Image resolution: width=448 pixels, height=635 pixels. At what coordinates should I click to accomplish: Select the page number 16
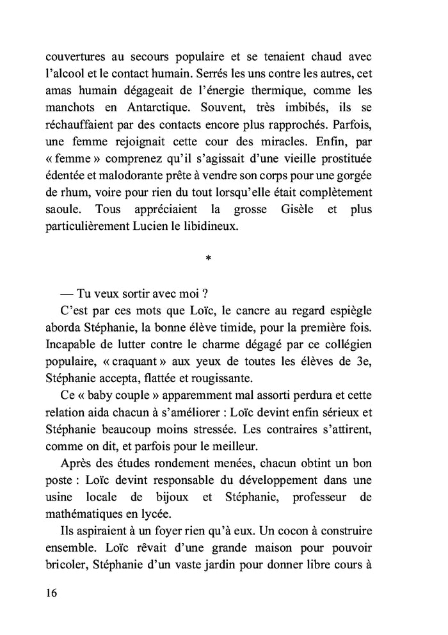click(x=52, y=593)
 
